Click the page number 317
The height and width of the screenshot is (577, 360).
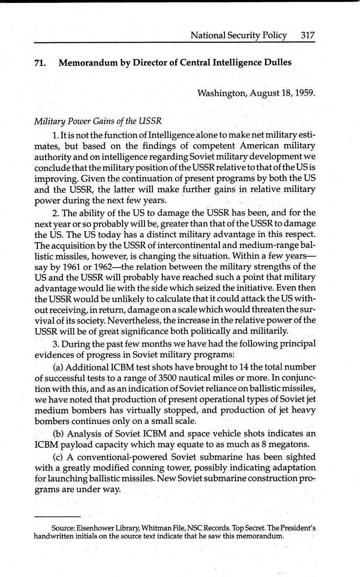pos(307,35)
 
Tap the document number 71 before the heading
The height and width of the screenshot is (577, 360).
pos(39,63)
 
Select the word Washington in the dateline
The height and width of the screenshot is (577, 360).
pos(222,92)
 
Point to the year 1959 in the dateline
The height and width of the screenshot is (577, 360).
pos(304,92)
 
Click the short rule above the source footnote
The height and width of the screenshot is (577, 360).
pos(57,516)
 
